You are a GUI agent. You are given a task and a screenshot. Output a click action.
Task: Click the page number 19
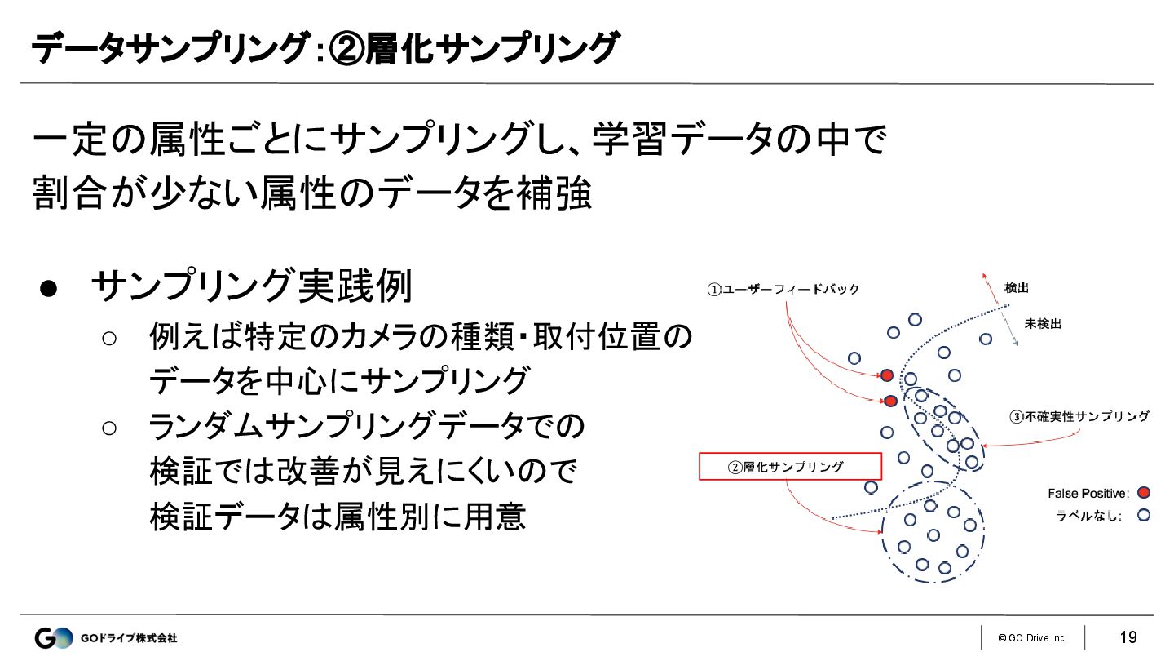click(1128, 637)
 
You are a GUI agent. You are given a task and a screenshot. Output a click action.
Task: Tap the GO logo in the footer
click(53, 638)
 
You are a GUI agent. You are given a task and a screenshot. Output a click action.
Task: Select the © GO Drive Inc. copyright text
click(1032, 638)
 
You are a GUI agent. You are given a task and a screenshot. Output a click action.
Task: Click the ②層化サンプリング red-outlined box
click(791, 466)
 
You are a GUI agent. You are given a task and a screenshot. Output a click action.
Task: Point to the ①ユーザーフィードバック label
click(783, 290)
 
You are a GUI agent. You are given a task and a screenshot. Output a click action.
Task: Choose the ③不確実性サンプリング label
click(1079, 416)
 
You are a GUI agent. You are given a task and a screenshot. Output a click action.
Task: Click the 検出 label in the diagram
click(1017, 288)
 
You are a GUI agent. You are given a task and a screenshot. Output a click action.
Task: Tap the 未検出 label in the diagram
click(1043, 324)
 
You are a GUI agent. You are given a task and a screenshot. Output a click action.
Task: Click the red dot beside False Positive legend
click(1144, 493)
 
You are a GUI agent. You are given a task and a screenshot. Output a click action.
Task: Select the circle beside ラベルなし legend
click(1144, 515)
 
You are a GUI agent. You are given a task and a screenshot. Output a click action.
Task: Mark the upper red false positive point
click(887, 375)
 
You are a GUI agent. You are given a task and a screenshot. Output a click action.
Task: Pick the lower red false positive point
click(891, 401)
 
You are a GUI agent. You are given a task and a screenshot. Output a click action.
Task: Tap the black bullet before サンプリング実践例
click(47, 290)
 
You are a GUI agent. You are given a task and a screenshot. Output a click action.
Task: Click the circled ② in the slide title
click(347, 51)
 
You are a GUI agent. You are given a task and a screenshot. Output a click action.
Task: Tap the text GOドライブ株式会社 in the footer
click(129, 638)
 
